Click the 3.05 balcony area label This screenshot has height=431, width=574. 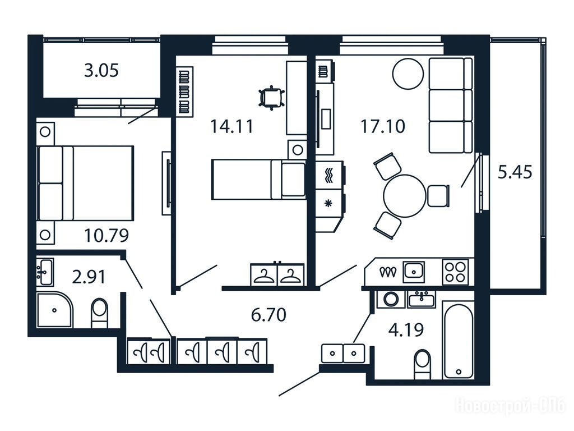pyautogui.click(x=101, y=70)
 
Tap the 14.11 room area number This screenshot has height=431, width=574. pyautogui.click(x=232, y=126)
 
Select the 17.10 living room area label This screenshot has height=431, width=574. pyautogui.click(x=383, y=126)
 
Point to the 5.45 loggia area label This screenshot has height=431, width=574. pyautogui.click(x=515, y=172)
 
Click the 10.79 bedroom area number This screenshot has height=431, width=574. pyautogui.click(x=107, y=235)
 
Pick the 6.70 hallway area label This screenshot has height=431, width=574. pyautogui.click(x=269, y=315)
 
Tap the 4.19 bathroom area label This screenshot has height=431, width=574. pyautogui.click(x=406, y=329)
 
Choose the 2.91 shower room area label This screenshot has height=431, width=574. pyautogui.click(x=89, y=277)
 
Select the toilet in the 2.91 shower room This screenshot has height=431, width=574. pyautogui.click(x=99, y=313)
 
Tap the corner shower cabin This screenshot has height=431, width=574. pyautogui.click(x=54, y=310)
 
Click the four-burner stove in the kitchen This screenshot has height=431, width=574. pyautogui.click(x=455, y=272)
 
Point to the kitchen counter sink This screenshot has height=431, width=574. pyautogui.click(x=414, y=272)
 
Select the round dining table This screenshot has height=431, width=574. pyautogui.click(x=405, y=196)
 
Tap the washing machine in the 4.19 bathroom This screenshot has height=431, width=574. pyautogui.click(x=391, y=299)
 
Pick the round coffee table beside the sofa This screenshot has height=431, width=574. pyautogui.click(x=408, y=74)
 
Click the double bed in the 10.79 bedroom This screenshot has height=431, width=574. pyautogui.click(x=85, y=184)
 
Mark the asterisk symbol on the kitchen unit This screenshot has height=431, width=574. pyautogui.click(x=328, y=203)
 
